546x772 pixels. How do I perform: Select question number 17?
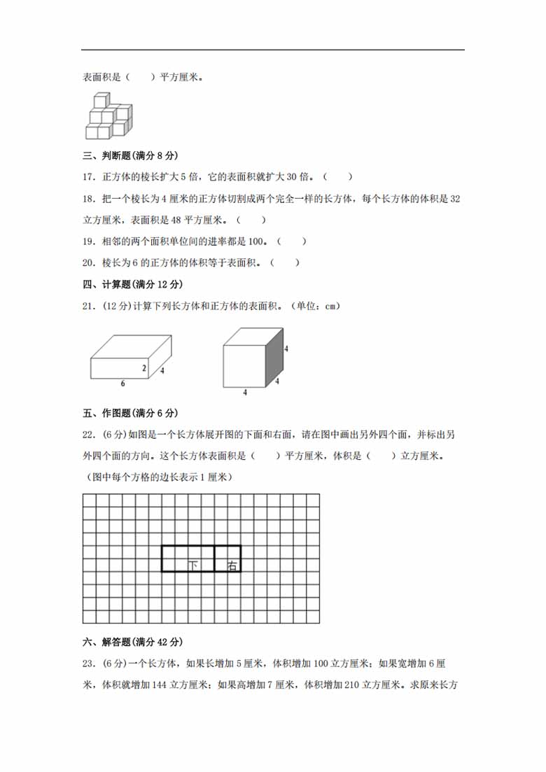[x=89, y=178]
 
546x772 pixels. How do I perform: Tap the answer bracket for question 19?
[x=292, y=241]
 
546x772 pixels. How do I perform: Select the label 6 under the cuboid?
[x=123, y=384]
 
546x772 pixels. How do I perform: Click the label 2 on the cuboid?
[x=144, y=368]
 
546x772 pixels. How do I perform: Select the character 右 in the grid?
[x=233, y=565]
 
